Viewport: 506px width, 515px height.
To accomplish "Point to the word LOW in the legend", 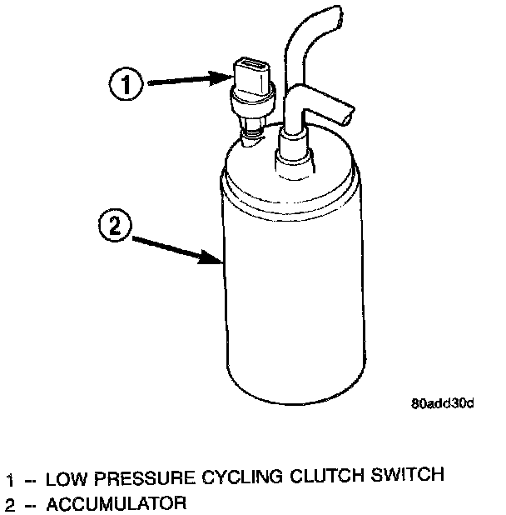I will (63, 478).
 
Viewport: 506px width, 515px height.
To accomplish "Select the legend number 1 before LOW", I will (11, 479).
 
